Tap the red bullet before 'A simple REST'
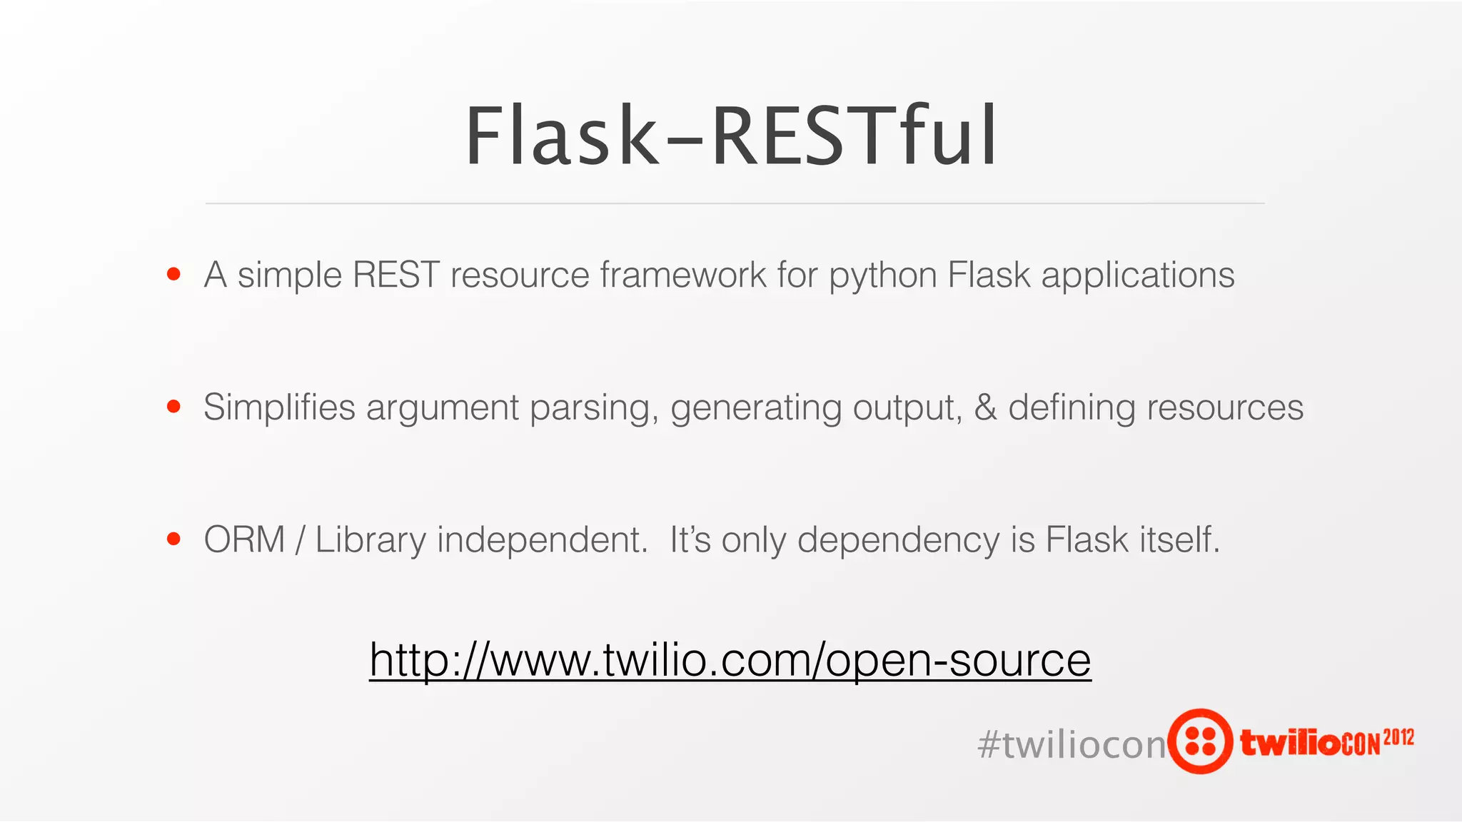[173, 274]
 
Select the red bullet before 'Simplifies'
[173, 407]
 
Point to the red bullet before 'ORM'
[173, 539]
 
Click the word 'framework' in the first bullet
[682, 275]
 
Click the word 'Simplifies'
[279, 408]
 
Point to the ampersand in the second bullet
[985, 408]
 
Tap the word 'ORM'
[244, 540]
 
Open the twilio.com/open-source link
[730, 660]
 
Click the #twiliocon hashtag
[1071, 745]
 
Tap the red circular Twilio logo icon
[1201, 741]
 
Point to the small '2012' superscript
[1398, 737]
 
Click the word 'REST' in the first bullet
[395, 275]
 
